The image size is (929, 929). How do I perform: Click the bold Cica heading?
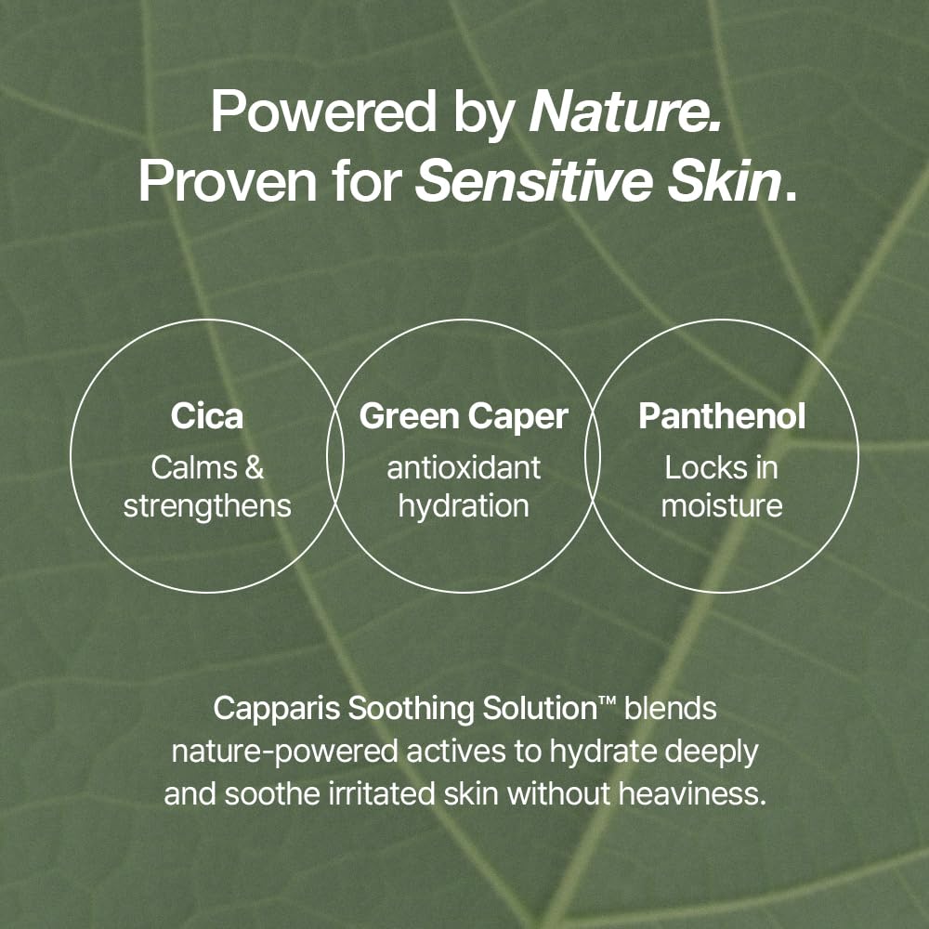tap(206, 416)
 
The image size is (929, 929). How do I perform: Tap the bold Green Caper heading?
tap(464, 416)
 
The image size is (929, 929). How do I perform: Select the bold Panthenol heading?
tap(722, 416)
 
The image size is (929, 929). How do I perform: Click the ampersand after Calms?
tap(254, 467)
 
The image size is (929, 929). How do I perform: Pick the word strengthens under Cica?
tap(207, 505)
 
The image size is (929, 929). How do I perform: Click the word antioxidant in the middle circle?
tap(464, 467)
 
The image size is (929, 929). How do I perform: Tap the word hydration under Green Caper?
tap(464, 505)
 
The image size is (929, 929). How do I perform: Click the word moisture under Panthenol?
tap(722, 505)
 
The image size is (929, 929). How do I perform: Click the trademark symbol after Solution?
tap(608, 703)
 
